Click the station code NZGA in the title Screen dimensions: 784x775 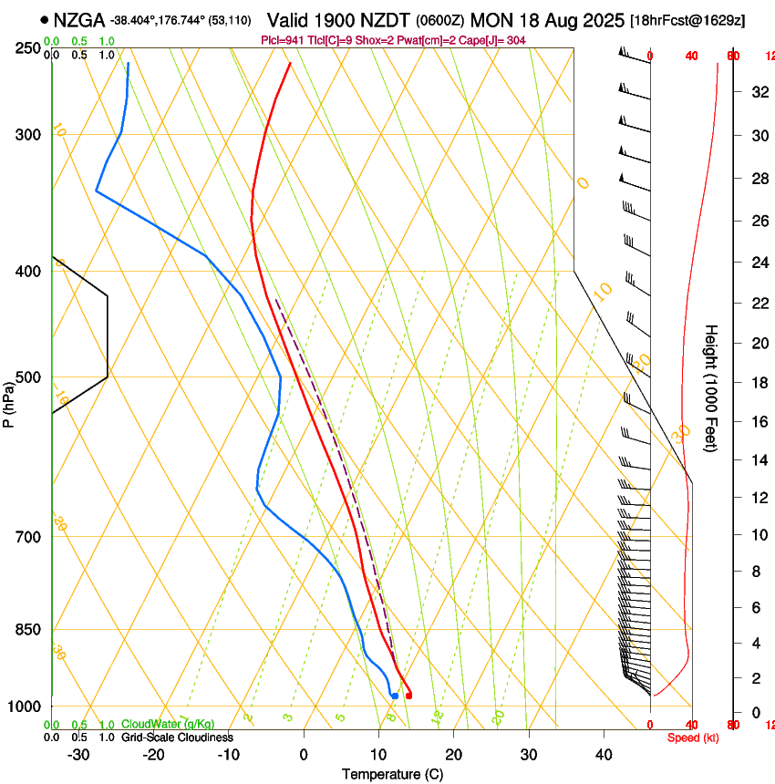point(79,19)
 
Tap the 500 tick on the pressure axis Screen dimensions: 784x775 point(28,377)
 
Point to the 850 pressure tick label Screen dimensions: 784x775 point(28,630)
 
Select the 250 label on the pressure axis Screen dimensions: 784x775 point(28,48)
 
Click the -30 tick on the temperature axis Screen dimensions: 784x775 point(78,755)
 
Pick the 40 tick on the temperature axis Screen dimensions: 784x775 point(604,755)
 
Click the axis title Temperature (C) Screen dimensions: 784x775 point(392,774)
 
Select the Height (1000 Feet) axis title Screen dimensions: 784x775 point(712,387)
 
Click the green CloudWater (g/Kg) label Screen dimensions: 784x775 point(168,724)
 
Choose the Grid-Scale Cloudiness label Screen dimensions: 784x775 point(178,737)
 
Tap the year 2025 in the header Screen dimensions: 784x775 point(603,19)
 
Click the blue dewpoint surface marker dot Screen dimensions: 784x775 point(394,696)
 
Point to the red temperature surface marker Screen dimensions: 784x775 point(408,696)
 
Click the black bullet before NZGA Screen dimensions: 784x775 point(43,19)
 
